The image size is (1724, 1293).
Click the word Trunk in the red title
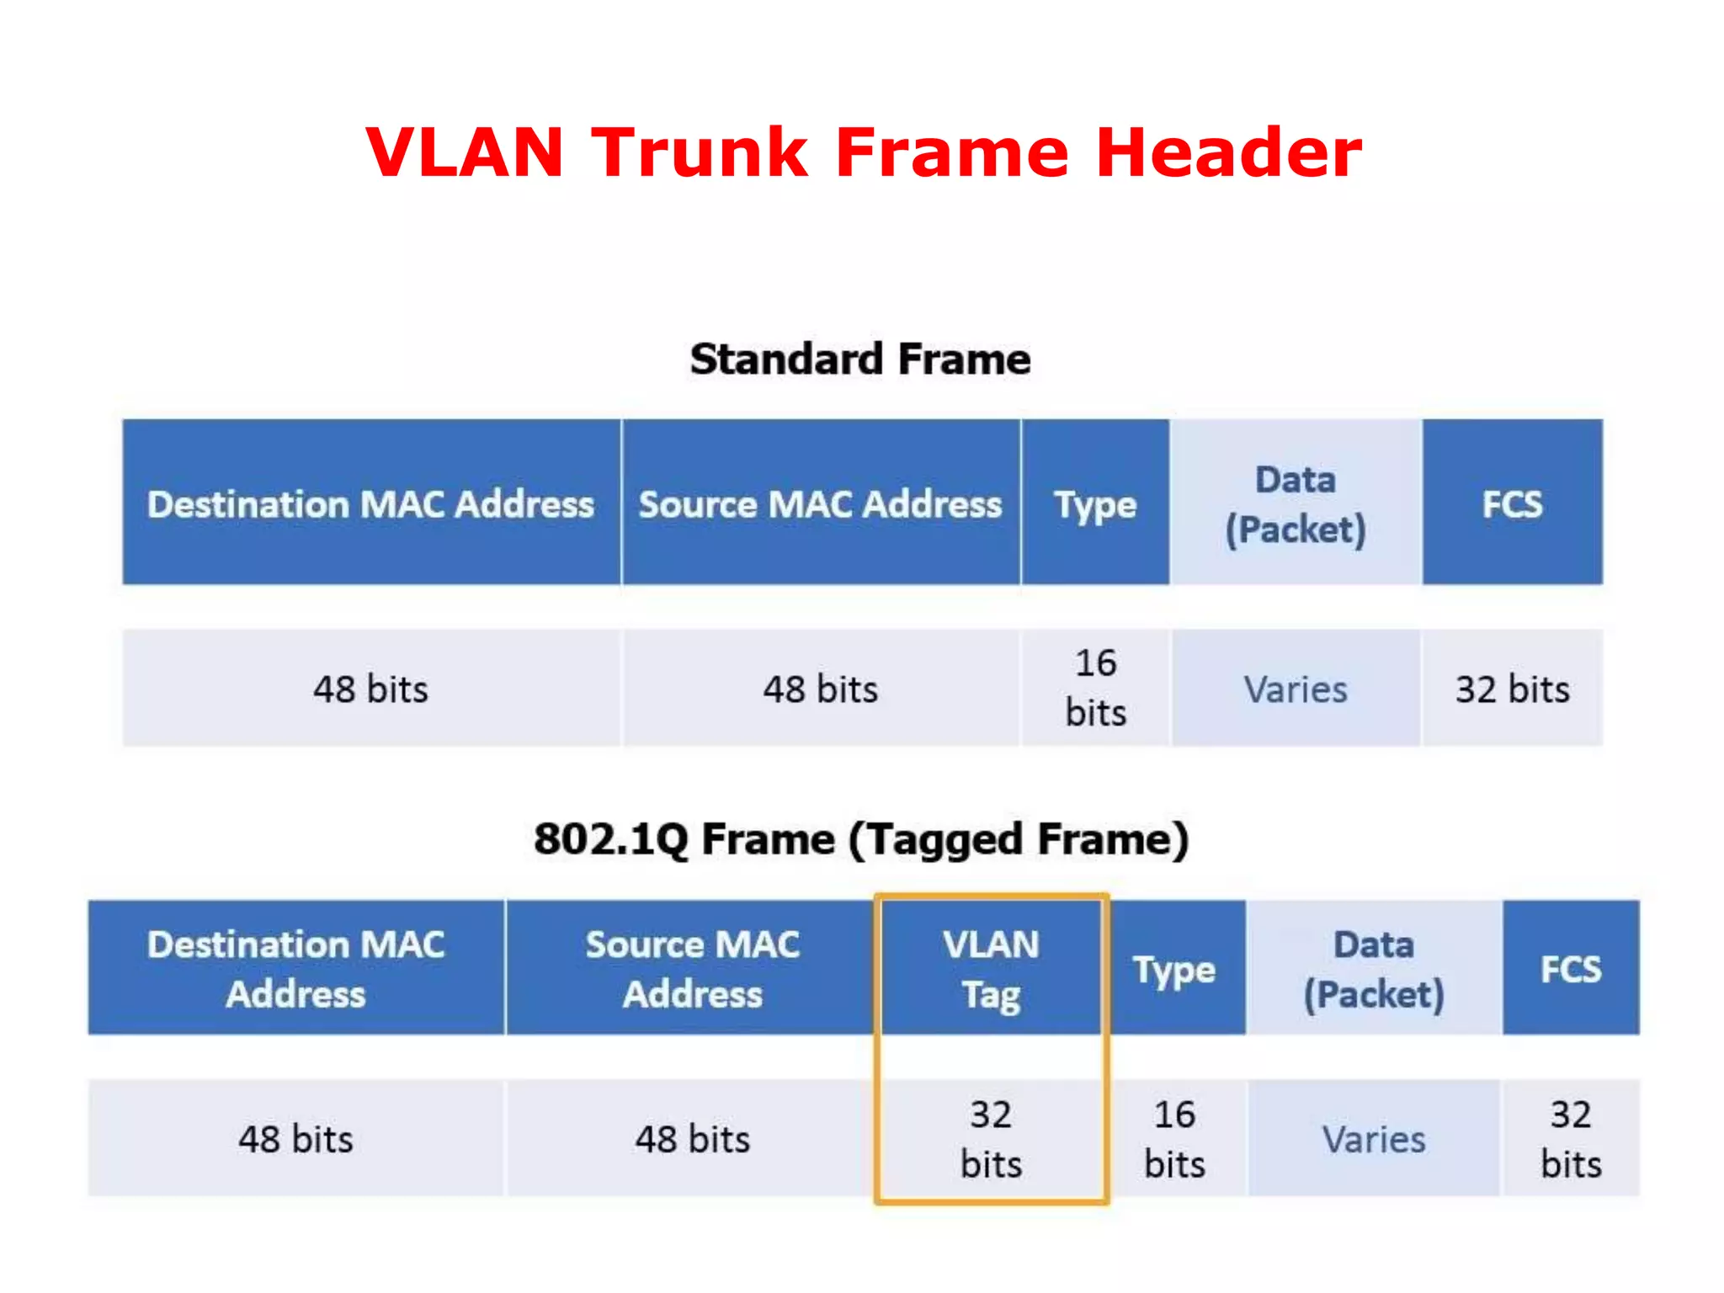(x=699, y=152)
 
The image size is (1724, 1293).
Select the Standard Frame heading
(x=860, y=359)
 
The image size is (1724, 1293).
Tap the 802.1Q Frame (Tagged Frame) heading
(x=861, y=839)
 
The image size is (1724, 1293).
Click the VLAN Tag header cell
(x=991, y=968)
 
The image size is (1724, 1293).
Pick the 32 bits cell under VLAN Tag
(x=991, y=1139)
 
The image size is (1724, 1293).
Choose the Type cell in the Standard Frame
(x=1095, y=503)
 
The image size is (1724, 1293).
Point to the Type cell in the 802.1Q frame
(x=1174, y=969)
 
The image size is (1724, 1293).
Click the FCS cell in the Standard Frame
(x=1512, y=503)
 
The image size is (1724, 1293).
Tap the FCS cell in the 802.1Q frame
(x=1571, y=969)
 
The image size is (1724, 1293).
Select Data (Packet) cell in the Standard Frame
(x=1296, y=503)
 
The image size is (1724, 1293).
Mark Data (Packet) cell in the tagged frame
(x=1374, y=969)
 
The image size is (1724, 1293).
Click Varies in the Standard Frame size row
(x=1296, y=689)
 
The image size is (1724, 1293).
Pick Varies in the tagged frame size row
(x=1374, y=1139)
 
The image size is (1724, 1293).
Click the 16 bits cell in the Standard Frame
(x=1095, y=688)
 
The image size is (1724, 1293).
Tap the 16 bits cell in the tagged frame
(x=1174, y=1139)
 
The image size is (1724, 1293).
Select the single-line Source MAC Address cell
(x=820, y=503)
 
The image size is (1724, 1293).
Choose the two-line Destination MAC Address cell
(x=296, y=969)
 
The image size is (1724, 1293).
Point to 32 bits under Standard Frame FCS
(x=1512, y=689)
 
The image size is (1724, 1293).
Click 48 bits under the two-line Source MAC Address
(x=692, y=1139)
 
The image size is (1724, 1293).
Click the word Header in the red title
(x=1229, y=152)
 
